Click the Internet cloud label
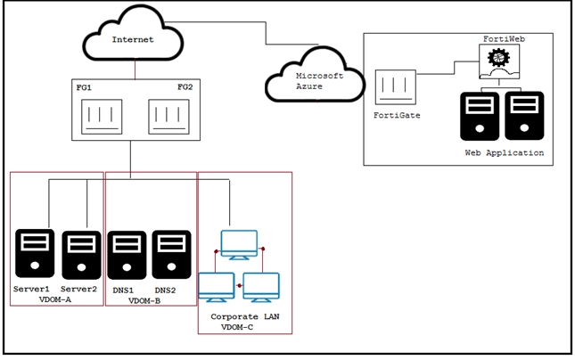(x=133, y=39)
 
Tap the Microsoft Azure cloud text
(x=319, y=81)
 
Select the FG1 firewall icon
(x=102, y=117)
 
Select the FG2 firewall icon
(x=169, y=117)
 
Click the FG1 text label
(x=84, y=87)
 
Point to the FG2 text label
(x=185, y=87)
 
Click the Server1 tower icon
(x=35, y=253)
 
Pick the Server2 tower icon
(x=81, y=255)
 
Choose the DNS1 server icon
(x=127, y=255)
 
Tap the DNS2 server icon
(x=172, y=255)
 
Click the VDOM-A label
(x=55, y=299)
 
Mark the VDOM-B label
(x=144, y=301)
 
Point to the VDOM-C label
(x=237, y=327)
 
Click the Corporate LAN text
(x=245, y=316)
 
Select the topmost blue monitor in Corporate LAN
(x=239, y=245)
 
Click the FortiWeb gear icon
(x=498, y=58)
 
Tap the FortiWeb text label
(x=504, y=39)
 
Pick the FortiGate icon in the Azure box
(x=396, y=87)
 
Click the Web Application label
(x=505, y=152)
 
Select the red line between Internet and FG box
(x=135, y=70)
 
